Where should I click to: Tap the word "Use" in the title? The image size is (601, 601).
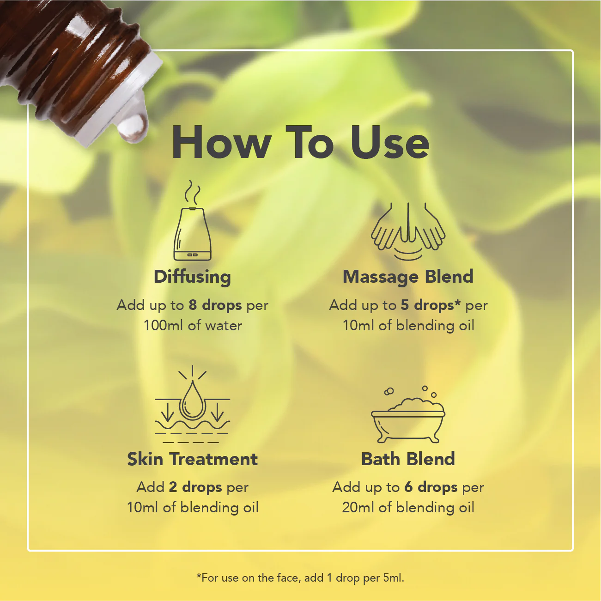[390, 143]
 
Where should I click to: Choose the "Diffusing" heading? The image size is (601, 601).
[192, 277]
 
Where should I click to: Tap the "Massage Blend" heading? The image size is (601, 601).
[408, 277]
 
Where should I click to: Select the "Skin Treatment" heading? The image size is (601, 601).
[192, 459]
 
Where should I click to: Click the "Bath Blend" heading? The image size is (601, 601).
[408, 459]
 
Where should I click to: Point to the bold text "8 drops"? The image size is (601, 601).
[215, 305]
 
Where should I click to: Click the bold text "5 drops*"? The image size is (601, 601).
[431, 305]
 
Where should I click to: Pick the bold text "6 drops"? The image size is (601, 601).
[431, 487]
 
